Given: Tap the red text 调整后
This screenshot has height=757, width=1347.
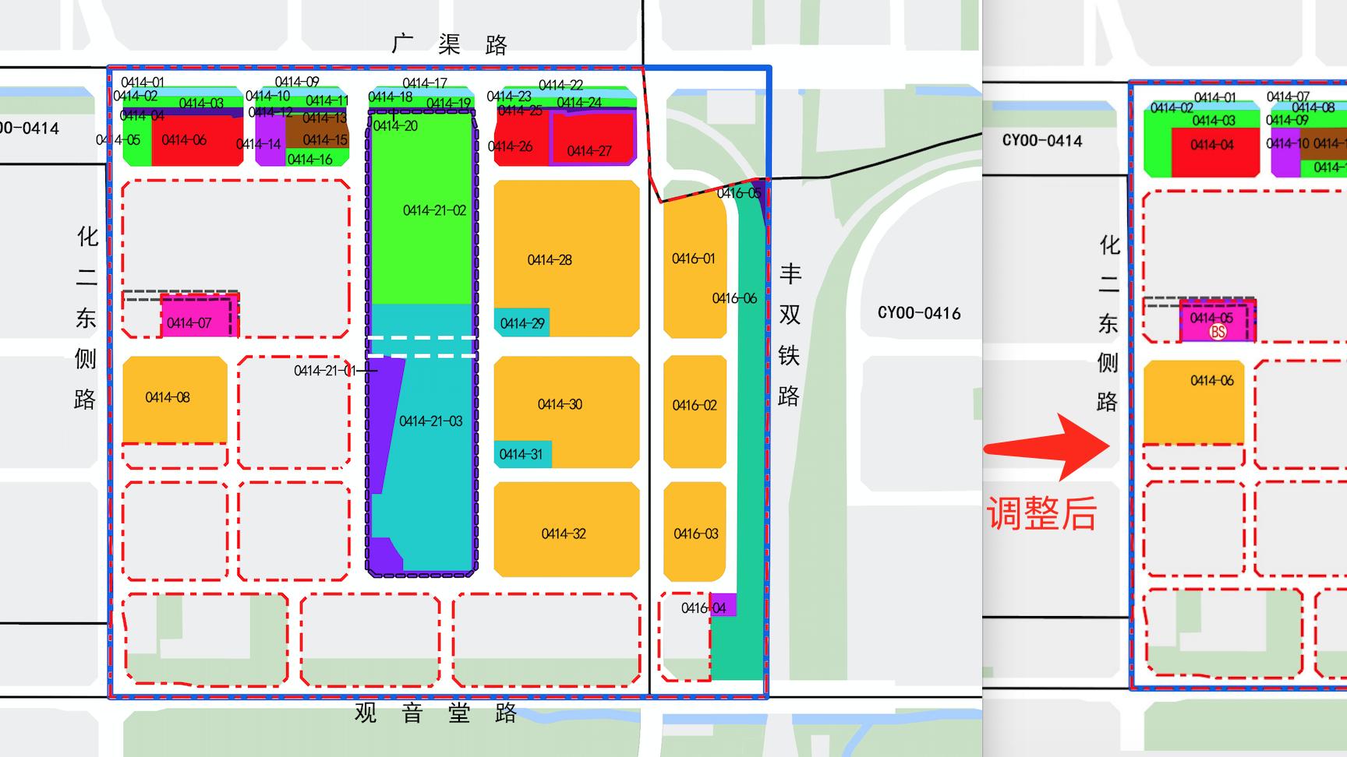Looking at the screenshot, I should click(x=1041, y=514).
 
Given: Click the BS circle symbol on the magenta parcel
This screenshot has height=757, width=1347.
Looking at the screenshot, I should click(x=1217, y=332).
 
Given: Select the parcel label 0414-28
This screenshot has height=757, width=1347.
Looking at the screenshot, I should click(x=550, y=260).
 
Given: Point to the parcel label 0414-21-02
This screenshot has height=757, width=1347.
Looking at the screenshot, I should click(x=434, y=210).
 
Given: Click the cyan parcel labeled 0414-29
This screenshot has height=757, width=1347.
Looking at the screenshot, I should click(x=521, y=322).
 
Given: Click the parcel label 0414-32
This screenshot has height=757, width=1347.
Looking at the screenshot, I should click(x=564, y=533).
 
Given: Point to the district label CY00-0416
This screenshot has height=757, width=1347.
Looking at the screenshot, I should click(x=919, y=313).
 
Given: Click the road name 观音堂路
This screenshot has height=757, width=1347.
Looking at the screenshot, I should click(x=436, y=713).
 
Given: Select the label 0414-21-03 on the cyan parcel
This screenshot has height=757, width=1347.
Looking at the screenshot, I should click(x=430, y=421).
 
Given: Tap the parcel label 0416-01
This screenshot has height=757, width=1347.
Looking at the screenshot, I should click(x=693, y=259).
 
